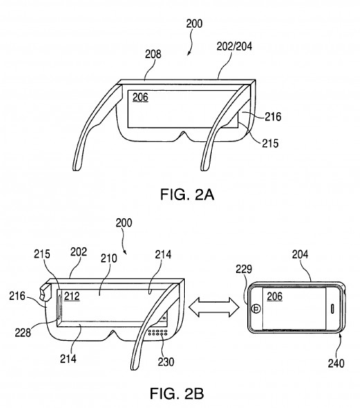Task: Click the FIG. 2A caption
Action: click(x=187, y=195)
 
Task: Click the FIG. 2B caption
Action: click(x=177, y=393)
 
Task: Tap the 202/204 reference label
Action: click(x=235, y=46)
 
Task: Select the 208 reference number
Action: click(x=153, y=54)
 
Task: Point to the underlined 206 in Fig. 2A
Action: click(x=141, y=97)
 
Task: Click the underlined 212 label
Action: click(x=72, y=296)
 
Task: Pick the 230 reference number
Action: click(x=166, y=362)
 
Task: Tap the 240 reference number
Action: click(x=336, y=363)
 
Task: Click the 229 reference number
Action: click(x=244, y=269)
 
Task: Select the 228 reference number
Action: click(x=23, y=332)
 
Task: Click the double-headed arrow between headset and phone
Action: click(x=213, y=308)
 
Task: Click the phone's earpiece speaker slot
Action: click(x=332, y=309)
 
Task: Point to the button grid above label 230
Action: click(x=158, y=332)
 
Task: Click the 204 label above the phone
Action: click(x=300, y=254)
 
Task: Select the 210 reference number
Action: click(x=109, y=258)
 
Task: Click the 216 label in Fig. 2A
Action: click(x=273, y=117)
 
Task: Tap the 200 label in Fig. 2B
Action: click(x=124, y=223)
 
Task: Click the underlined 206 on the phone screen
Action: click(x=274, y=296)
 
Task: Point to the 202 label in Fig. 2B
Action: click(x=78, y=252)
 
